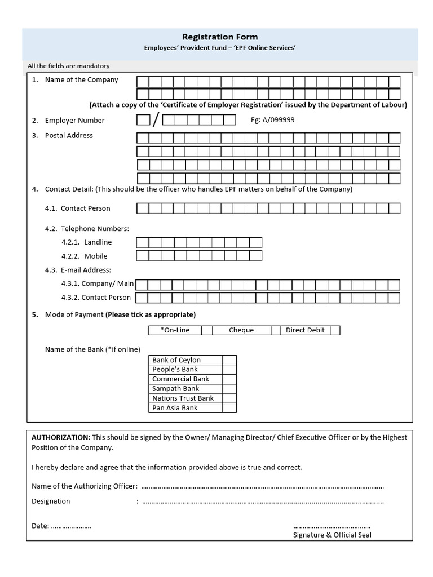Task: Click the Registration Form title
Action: [220, 37]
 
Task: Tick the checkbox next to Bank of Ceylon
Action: [229, 360]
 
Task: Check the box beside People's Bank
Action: [229, 370]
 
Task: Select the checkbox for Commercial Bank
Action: [229, 379]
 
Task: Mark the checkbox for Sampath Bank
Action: [229, 389]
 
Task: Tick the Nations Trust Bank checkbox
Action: [229, 398]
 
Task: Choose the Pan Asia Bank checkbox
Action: [229, 408]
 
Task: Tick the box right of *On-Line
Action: [207, 330]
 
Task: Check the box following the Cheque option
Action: [276, 330]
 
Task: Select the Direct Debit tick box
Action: [335, 330]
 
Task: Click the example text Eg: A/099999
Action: [272, 120]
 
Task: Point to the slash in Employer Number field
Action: [156, 120]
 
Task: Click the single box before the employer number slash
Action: [143, 120]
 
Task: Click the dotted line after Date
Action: [72, 526]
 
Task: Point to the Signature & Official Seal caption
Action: [332, 535]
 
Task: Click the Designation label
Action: [51, 501]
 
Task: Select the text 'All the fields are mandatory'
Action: [68, 66]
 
